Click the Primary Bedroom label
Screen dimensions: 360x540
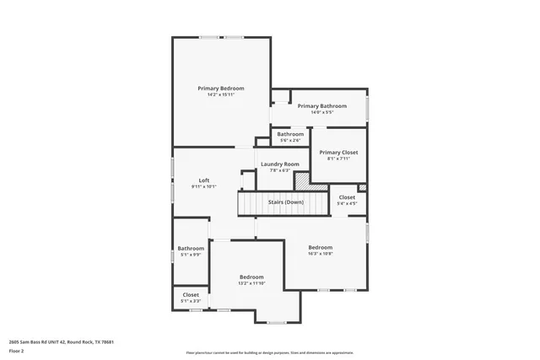[221, 88]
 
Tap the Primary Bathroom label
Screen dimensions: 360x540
[321, 105]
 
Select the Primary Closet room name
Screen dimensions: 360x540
[338, 152]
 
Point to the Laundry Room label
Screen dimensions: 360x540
[279, 164]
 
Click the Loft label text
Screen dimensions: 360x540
[203, 180]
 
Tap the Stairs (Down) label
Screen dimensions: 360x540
[286, 202]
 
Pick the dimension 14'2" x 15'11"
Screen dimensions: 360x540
[221, 94]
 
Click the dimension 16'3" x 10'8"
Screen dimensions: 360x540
[320, 254]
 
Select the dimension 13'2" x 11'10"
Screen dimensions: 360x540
[251, 283]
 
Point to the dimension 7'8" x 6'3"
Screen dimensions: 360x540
[279, 170]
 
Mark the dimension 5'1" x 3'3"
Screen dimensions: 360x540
[191, 301]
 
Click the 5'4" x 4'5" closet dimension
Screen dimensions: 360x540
[347, 203]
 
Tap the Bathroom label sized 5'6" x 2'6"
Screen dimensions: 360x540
[290, 134]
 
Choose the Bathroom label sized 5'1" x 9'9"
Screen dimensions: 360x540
[191, 248]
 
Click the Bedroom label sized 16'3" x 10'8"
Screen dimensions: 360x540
[320, 247]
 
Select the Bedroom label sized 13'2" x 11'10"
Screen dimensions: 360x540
[251, 277]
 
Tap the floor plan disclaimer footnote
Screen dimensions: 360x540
[269, 352]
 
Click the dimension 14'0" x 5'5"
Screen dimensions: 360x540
[321, 112]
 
